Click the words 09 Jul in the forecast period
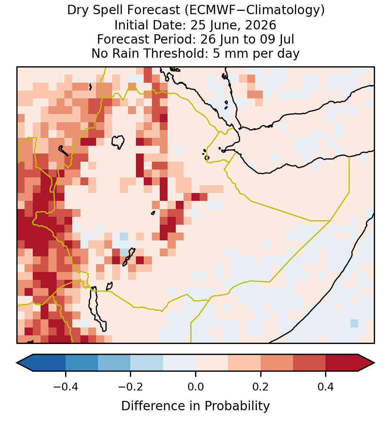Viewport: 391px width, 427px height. coord(277,39)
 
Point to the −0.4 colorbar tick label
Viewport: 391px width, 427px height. coord(66,386)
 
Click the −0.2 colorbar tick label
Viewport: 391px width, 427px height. coord(131,386)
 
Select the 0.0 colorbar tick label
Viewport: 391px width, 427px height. coord(195,386)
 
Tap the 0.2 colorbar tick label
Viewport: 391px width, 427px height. coord(261,386)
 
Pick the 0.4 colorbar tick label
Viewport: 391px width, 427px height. coord(326,386)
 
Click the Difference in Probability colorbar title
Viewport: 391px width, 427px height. coord(195,406)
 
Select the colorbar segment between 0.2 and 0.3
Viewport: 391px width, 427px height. coord(277,363)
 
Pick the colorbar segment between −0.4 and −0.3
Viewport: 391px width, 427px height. coord(82,363)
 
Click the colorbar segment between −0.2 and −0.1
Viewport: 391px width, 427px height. coord(147,363)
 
